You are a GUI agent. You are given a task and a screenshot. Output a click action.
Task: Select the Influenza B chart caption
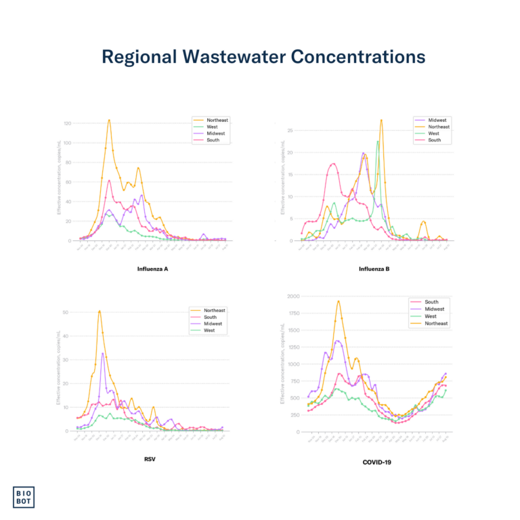click(374, 269)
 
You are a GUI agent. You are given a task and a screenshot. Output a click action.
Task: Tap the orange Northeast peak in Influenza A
click(108, 121)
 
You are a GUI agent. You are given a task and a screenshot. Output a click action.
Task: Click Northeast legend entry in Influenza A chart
click(217, 120)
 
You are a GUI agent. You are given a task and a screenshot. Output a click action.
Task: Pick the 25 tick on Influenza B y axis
click(290, 130)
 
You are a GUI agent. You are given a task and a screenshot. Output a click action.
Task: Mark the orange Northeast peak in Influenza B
click(382, 121)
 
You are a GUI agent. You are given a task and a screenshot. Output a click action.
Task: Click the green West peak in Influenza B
click(377, 142)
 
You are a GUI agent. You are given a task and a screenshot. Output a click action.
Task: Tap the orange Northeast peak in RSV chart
click(100, 311)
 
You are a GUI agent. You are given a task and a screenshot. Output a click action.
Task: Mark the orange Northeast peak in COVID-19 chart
click(338, 301)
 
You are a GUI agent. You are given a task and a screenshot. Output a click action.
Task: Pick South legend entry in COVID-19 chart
click(431, 302)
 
